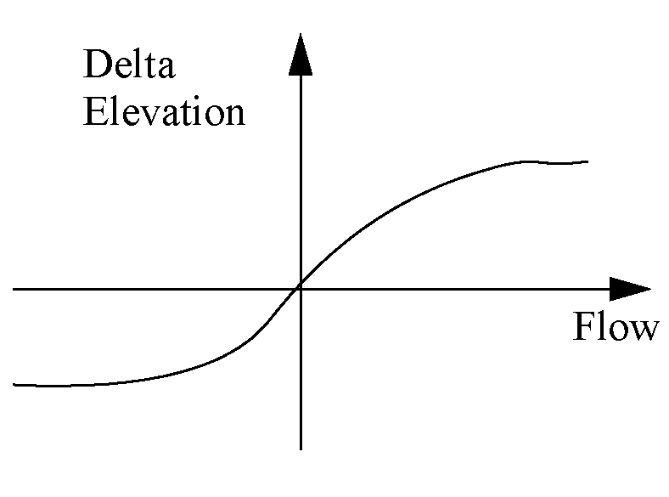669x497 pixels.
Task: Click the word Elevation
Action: pos(164,112)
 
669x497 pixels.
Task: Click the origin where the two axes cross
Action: pos(301,289)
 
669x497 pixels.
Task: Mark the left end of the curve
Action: pos(15,384)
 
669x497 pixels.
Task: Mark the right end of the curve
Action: pos(587,161)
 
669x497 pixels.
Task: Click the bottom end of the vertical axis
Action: pos(301,448)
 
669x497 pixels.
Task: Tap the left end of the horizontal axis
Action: pos(14,289)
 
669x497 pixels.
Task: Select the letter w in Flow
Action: pos(643,330)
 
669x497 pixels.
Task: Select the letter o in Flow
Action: pos(618,330)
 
